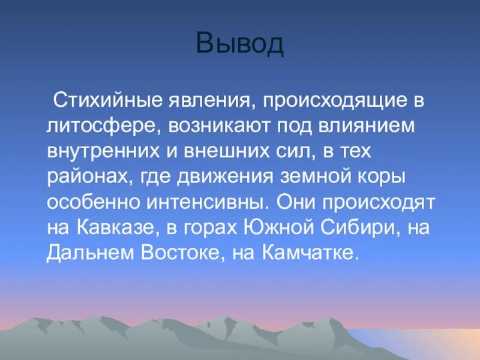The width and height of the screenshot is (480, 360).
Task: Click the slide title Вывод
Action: tap(239, 45)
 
